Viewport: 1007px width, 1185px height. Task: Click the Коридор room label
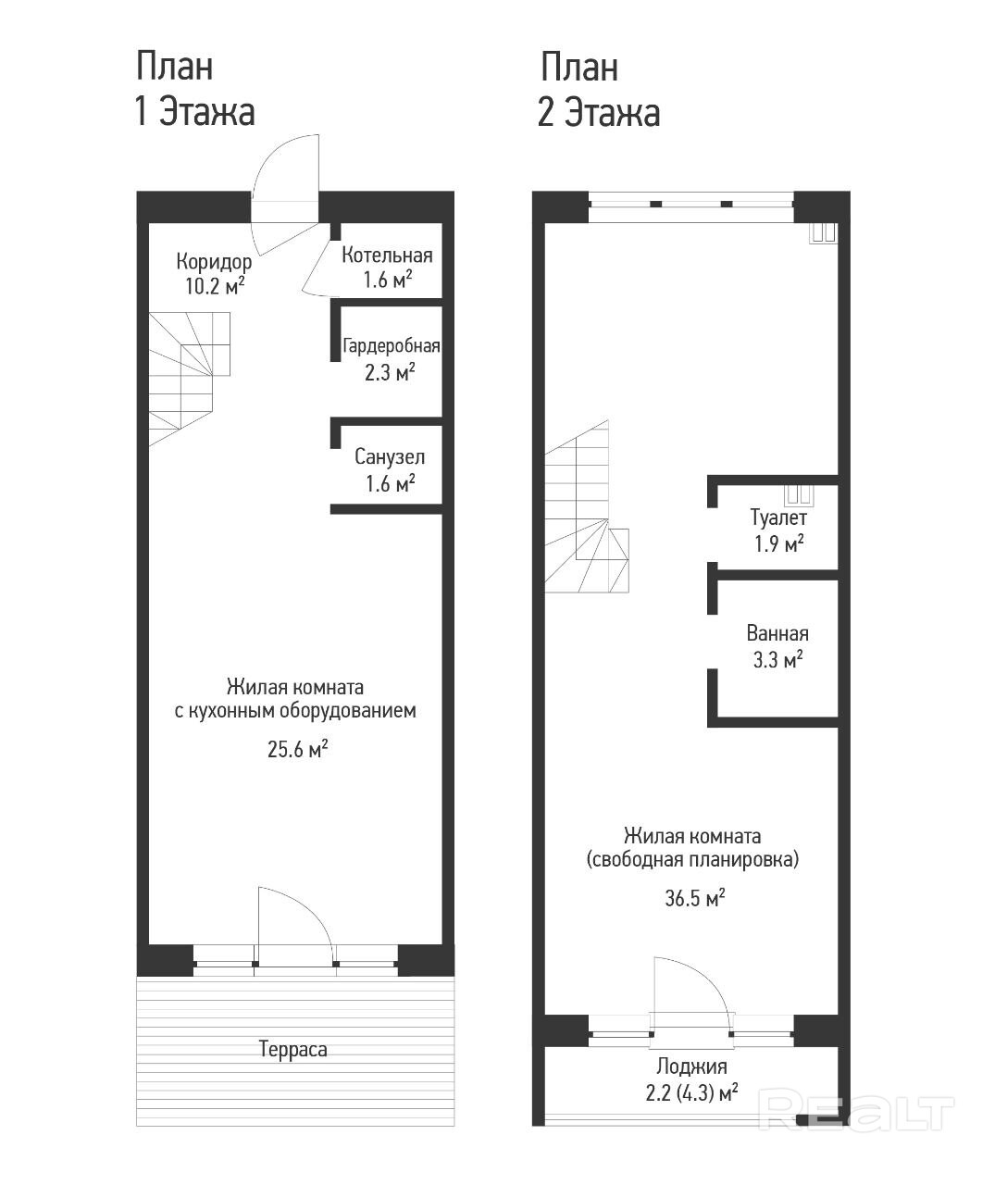pos(214,262)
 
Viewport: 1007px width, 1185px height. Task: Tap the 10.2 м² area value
pos(215,285)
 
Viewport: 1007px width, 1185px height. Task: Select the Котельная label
pos(387,256)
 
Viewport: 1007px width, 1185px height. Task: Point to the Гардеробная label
pos(392,345)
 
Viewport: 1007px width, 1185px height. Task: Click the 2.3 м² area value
pos(390,373)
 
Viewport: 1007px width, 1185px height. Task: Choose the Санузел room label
pos(390,457)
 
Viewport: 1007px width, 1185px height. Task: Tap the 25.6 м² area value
pos(297,749)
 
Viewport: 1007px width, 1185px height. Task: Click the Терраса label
pos(292,1049)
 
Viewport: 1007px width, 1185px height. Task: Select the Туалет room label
pos(778,518)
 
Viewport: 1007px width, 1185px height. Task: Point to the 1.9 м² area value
pos(779,543)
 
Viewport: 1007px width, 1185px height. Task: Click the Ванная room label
pos(777,633)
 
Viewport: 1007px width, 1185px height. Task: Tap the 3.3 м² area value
pos(777,660)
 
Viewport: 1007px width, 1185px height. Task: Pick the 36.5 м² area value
pos(695,898)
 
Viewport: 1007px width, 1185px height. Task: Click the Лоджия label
pos(691,1066)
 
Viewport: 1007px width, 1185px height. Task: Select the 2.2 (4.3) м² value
pos(691,1092)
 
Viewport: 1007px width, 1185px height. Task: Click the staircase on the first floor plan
pos(189,379)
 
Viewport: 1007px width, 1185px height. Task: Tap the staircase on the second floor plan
pos(586,506)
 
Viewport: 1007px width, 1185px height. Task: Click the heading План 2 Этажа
pos(599,89)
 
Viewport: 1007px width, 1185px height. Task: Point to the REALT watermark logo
pos(856,1113)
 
